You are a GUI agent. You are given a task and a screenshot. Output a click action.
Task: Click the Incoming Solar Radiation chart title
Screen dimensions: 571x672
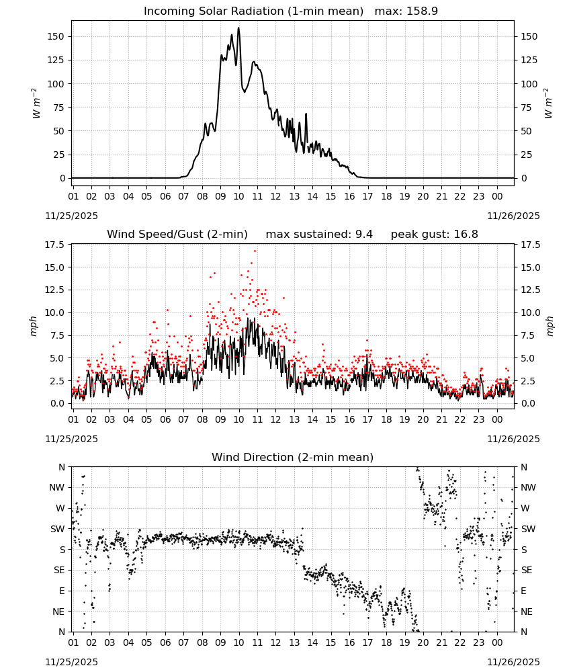pos(253,11)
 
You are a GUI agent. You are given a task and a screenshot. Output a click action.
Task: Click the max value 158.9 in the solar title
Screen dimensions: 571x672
pos(423,11)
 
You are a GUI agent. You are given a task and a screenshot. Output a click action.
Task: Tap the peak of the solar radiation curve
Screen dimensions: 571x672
pos(238,28)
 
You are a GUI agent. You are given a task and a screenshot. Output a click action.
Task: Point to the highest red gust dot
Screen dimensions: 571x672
pos(255,251)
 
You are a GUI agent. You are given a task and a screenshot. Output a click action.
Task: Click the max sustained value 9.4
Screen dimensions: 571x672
pos(363,235)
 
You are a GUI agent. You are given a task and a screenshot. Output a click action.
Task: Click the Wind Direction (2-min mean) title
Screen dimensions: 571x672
pos(293,457)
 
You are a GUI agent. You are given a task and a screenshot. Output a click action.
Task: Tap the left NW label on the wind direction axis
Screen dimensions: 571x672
pos(57,488)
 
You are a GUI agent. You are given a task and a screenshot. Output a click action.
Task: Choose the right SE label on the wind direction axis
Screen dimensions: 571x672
pos(527,571)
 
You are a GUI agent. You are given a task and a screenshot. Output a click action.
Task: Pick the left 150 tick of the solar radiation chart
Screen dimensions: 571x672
pos(56,36)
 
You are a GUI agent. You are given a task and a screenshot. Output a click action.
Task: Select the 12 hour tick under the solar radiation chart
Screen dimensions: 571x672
pos(275,196)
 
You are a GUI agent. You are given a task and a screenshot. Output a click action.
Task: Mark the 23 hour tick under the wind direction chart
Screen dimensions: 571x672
pos(478,642)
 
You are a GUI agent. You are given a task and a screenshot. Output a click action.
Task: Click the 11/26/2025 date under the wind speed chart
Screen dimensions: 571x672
pos(513,439)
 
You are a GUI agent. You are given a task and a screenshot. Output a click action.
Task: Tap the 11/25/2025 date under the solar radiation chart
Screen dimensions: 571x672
pos(71,216)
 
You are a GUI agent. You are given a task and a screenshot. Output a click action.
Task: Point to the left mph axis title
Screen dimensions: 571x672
pos(34,326)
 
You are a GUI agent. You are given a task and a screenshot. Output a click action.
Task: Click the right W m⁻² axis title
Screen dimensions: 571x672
pos(549,103)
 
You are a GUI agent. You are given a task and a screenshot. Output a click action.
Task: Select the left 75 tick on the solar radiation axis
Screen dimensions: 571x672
pos(58,108)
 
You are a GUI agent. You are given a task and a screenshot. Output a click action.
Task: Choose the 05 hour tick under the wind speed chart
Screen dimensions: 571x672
pos(146,419)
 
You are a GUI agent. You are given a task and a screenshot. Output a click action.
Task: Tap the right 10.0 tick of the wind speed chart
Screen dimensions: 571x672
pos(529,313)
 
